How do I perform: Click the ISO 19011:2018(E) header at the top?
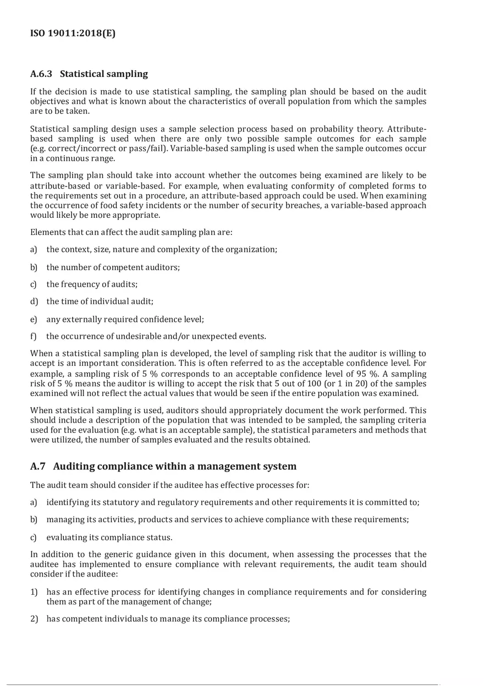point(73,33)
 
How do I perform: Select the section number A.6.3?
point(42,74)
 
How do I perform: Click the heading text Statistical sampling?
point(104,74)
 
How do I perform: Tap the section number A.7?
point(38,467)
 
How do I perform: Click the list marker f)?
point(34,336)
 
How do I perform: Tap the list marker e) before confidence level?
point(34,319)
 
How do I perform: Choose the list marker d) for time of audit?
point(34,301)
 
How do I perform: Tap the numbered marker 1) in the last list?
point(34,592)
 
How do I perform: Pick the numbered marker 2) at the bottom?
point(34,619)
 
